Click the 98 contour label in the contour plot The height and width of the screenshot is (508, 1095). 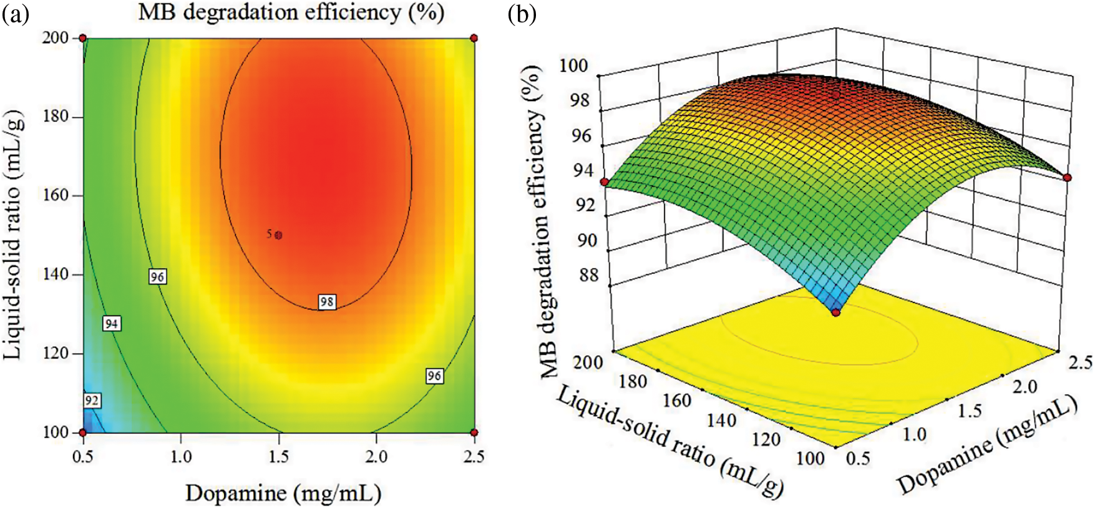pos(327,302)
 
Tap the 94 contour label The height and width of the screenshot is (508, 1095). pos(111,323)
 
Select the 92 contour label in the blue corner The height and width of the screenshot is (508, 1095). pos(92,400)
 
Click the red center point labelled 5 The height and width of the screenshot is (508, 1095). pos(278,235)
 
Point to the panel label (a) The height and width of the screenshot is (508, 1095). pos(16,13)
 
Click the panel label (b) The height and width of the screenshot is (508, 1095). pos(522,13)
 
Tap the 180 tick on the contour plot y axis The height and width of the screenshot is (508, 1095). pos(56,117)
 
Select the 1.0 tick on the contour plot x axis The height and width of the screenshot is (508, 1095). pos(181,457)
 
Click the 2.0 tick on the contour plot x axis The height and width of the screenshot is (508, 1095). pos(376,457)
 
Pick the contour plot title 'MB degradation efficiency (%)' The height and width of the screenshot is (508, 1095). pos(291,12)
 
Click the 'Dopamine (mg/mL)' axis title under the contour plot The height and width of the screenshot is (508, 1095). pos(283,493)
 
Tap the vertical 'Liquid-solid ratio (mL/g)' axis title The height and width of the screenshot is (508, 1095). pos(14,235)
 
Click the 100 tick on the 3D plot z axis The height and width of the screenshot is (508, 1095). pos(573,65)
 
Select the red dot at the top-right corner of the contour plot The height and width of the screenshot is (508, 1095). pos(474,39)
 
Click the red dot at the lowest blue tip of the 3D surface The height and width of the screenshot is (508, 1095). pos(835,312)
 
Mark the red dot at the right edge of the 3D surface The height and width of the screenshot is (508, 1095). pos(1067,178)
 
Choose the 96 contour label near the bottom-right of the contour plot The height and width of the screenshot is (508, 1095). pos(434,376)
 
